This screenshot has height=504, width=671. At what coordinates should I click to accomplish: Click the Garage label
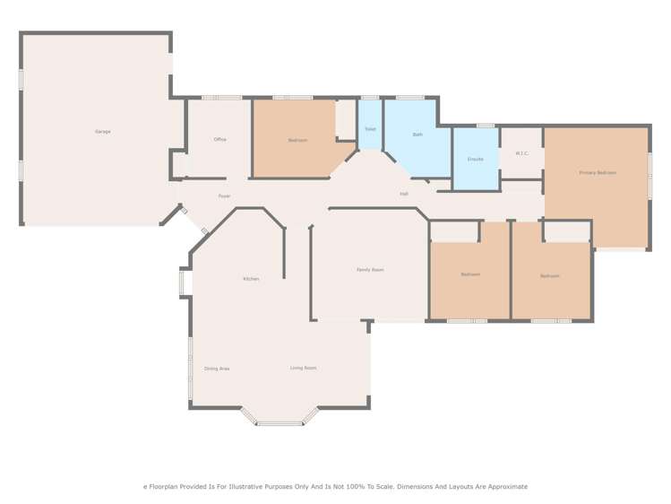coord(103,132)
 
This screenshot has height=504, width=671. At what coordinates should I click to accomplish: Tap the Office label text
coord(219,140)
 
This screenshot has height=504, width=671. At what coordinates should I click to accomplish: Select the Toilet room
coord(370,129)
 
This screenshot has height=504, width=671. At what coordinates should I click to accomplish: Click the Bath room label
coord(417,135)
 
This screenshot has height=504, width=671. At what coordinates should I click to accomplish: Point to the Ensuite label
coord(476,159)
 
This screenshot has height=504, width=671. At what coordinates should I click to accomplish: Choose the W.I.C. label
coord(522,153)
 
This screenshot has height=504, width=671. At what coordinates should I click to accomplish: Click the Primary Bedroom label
coord(598,172)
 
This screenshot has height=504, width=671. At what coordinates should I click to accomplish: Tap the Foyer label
coord(225,196)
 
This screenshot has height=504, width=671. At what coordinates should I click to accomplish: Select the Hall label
coord(404,194)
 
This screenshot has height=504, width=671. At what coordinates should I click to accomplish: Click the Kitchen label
coord(251,279)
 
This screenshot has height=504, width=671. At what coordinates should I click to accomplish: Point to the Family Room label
coord(370,270)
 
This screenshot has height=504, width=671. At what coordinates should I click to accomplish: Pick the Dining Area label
coord(217,369)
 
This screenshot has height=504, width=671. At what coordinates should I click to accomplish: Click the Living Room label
coord(303,368)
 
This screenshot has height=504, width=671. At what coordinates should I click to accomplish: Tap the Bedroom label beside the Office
coord(297,140)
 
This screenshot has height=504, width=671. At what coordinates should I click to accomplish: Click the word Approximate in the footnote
coord(504,486)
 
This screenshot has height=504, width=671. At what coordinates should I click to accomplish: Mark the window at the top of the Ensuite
coord(485,126)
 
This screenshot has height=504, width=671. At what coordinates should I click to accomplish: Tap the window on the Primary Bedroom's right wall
coord(650,176)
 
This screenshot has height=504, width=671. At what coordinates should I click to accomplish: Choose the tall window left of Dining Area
coord(190,369)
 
